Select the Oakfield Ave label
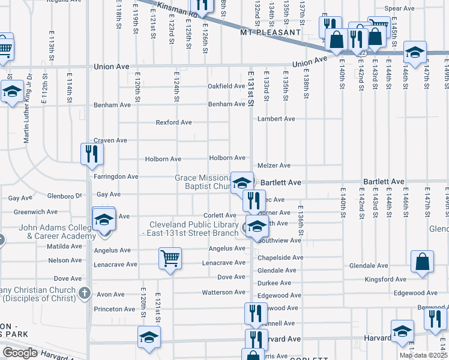pyautogui.click(x=226, y=86)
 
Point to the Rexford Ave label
pyautogui.click(x=173, y=122)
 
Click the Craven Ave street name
pyautogui.click(x=110, y=140)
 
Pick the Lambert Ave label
pyautogui.click(x=276, y=119)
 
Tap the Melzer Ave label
pyautogui.click(x=274, y=166)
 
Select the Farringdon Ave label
pyautogui.click(x=116, y=177)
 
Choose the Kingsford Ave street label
pyautogui.click(x=386, y=280)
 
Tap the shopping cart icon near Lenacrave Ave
pyautogui.click(x=170, y=259)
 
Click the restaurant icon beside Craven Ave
pyautogui.click(x=92, y=154)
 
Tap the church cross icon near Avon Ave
pyautogui.click(x=85, y=294)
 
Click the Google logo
pyautogui.click(x=19, y=353)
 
